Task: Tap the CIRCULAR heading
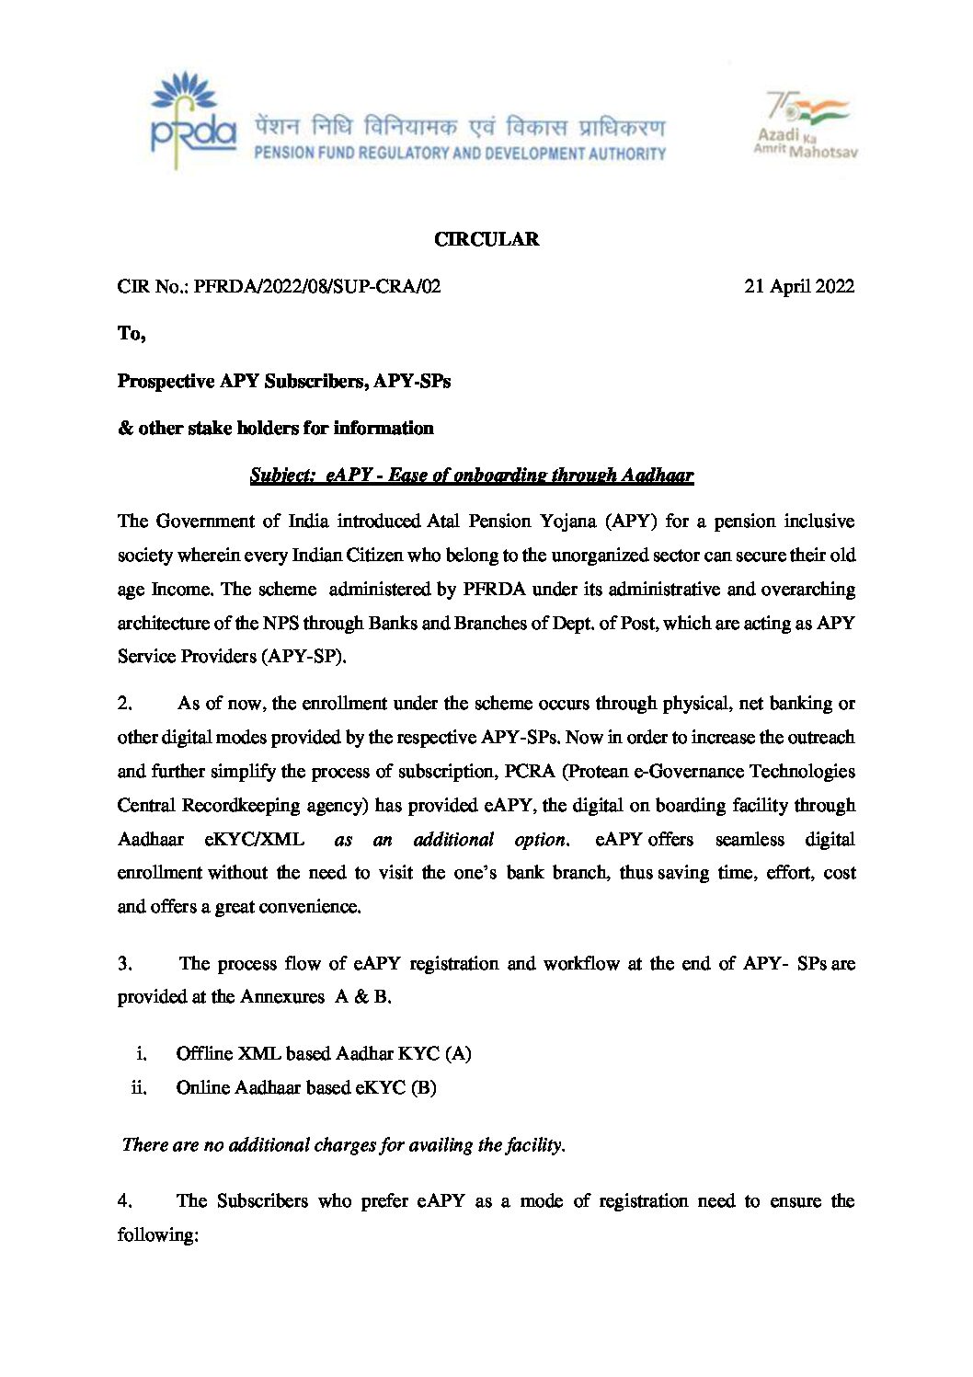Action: (486, 239)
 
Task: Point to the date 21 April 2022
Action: (798, 286)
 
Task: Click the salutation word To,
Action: (132, 333)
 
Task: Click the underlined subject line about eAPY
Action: (471, 475)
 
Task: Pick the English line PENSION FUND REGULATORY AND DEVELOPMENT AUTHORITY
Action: (460, 154)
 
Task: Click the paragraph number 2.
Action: (125, 704)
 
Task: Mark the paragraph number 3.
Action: (125, 964)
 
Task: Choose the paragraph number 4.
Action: (125, 1201)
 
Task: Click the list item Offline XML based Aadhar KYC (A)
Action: (324, 1054)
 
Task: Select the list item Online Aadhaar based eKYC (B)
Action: (306, 1088)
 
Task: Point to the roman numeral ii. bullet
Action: (139, 1088)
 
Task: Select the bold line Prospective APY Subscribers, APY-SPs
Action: (284, 381)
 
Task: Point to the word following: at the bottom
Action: (158, 1235)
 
